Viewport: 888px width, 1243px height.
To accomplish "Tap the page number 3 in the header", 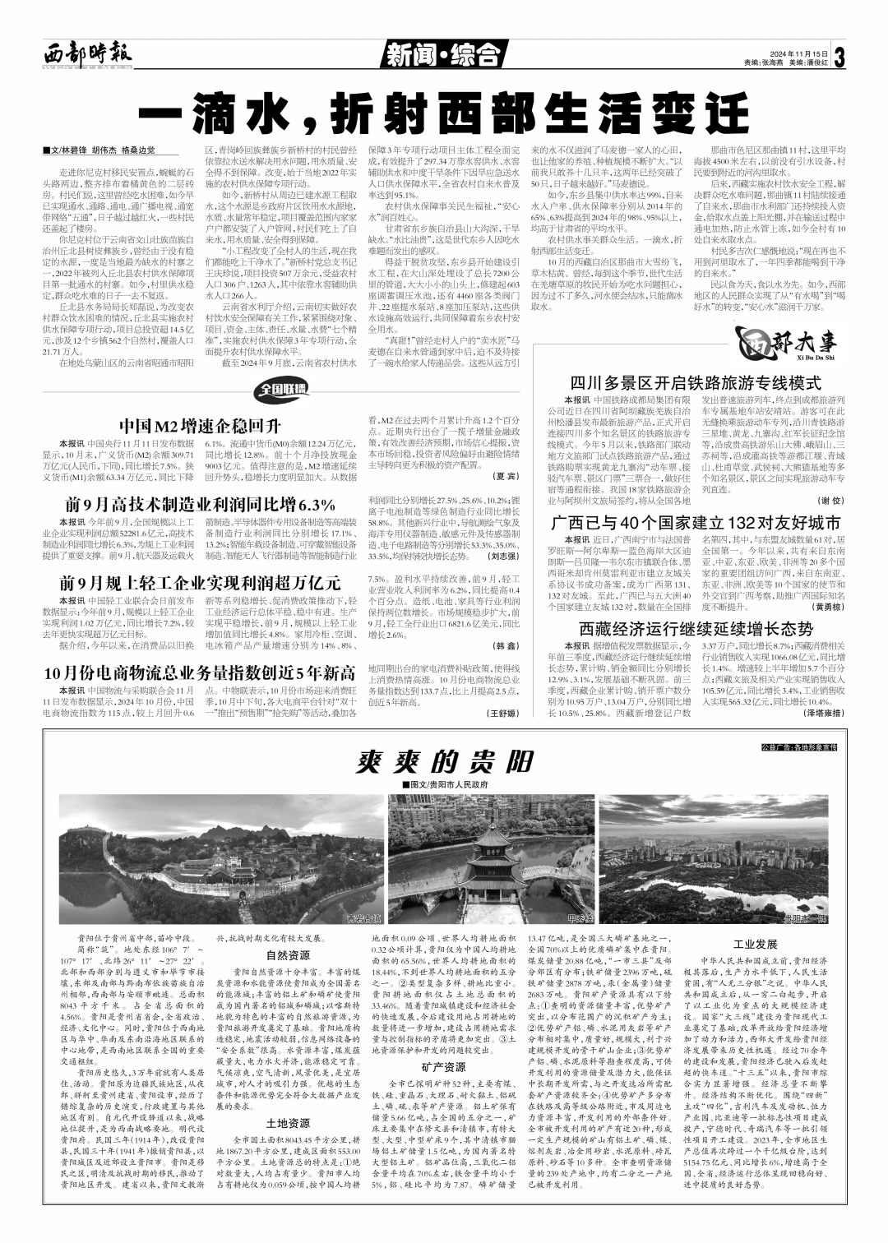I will [839, 57].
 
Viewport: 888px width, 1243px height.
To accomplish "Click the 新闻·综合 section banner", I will [442, 55].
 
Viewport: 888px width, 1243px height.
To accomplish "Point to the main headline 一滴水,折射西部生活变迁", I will [444, 114].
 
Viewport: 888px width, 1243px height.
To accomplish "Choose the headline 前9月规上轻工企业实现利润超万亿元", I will [201, 583].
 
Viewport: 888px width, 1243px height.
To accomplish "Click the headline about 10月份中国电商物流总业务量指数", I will [201, 672].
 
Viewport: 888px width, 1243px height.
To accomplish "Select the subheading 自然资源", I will [288, 954].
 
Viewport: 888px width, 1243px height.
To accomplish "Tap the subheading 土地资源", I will [288, 1122].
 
